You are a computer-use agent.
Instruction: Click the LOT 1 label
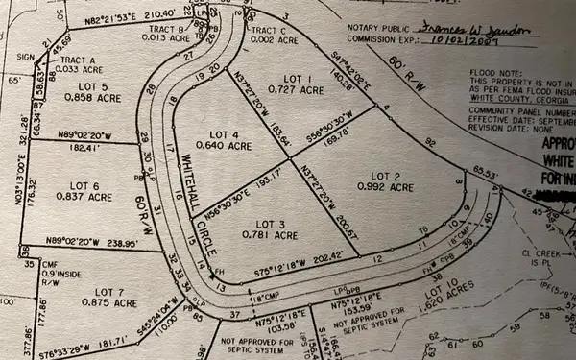click(301, 76)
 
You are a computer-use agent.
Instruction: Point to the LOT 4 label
click(225, 135)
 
